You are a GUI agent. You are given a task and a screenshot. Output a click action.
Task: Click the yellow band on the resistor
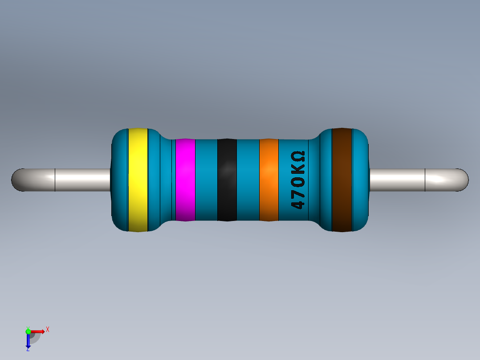coord(138,180)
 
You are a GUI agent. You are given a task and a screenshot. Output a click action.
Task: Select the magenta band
coord(185,180)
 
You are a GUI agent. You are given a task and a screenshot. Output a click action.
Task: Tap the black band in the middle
coord(227,180)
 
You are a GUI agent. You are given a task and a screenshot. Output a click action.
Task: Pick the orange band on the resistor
coord(268,180)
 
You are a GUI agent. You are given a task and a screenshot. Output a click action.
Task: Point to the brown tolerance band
coord(342,180)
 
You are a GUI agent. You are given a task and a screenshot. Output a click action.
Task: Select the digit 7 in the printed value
coord(298,193)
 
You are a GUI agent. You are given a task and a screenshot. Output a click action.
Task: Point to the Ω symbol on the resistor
coord(298,157)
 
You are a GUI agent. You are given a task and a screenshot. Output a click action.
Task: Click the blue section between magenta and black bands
coord(206,180)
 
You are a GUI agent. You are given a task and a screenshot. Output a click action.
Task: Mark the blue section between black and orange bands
coord(248,180)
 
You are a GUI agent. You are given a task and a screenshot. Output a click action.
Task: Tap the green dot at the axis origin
coord(28,331)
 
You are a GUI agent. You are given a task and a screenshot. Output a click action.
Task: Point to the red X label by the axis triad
coord(47,330)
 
